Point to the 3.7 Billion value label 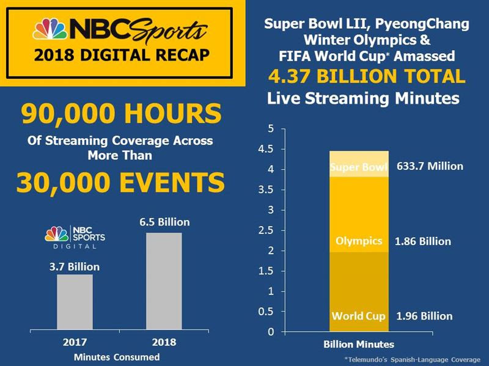point(74,266)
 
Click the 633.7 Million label point(430,166)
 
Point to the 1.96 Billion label point(424,317)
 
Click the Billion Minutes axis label point(359,345)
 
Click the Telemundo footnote point(413,359)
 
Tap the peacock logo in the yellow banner point(52,30)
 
